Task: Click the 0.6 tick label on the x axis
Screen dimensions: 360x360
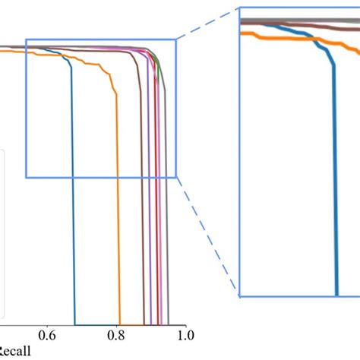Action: (47, 333)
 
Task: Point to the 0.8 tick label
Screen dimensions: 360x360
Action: (116, 333)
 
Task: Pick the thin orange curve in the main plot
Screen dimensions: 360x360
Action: (120, 190)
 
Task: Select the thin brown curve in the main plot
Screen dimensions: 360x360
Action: (142, 190)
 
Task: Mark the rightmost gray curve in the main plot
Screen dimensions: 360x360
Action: (168, 190)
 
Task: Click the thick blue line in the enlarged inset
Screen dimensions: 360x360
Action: (335, 190)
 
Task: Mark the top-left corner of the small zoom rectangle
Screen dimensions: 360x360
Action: (26, 39)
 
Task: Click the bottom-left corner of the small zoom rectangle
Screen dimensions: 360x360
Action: (26, 178)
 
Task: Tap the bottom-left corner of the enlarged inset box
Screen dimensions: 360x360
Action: (239, 296)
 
